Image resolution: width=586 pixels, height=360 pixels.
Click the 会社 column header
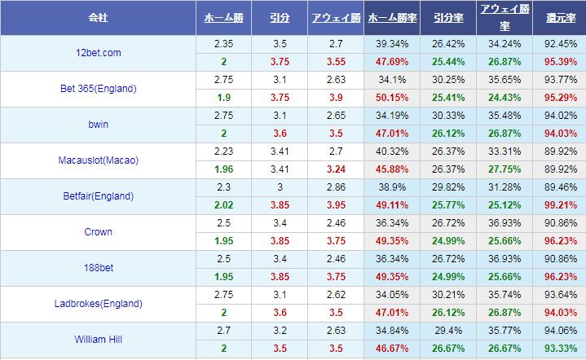click(97, 17)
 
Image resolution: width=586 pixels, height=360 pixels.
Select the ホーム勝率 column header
click(391, 17)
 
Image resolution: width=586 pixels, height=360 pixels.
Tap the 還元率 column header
click(558, 17)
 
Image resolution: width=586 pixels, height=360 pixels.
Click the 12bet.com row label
click(97, 53)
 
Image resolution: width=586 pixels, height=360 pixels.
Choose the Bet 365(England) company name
click(97, 89)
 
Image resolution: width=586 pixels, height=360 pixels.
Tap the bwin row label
click(97, 125)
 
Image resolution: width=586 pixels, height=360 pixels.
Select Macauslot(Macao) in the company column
click(97, 160)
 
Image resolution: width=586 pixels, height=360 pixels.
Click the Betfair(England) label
click(97, 196)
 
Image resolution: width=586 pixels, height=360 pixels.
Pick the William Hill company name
click(97, 340)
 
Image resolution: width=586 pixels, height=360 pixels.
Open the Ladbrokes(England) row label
click(97, 304)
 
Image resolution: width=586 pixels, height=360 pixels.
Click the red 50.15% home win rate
click(392, 98)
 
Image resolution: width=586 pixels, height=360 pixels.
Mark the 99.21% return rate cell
click(558, 205)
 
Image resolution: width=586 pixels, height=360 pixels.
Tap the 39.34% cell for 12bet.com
click(392, 44)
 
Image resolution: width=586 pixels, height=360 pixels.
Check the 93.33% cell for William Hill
click(558, 349)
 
